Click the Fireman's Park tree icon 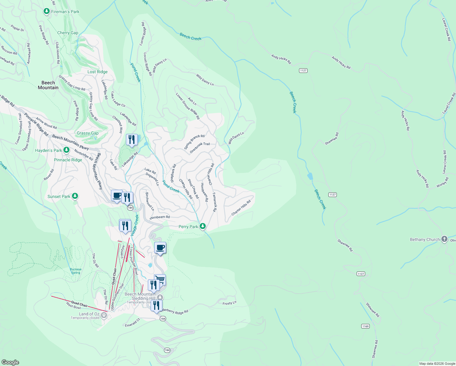tap(46, 12)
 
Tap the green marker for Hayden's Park tap(66, 150)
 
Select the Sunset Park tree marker tap(75, 196)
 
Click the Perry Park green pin tap(202, 226)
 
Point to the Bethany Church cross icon tap(444, 239)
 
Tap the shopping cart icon tap(160, 279)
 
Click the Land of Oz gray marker tap(104, 315)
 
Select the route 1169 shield tap(365, 326)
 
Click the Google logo tap(10, 362)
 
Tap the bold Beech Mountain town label tap(48, 85)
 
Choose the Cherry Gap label tap(68, 33)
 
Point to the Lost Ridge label tap(98, 72)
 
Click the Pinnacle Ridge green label tap(68, 160)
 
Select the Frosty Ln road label tap(229, 303)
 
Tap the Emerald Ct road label tap(132, 323)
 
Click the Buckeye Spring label tap(76, 271)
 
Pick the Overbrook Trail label tap(200, 148)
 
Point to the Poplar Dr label tap(17, 28)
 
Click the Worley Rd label tap(442, 182)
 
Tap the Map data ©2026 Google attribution tap(437, 364)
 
